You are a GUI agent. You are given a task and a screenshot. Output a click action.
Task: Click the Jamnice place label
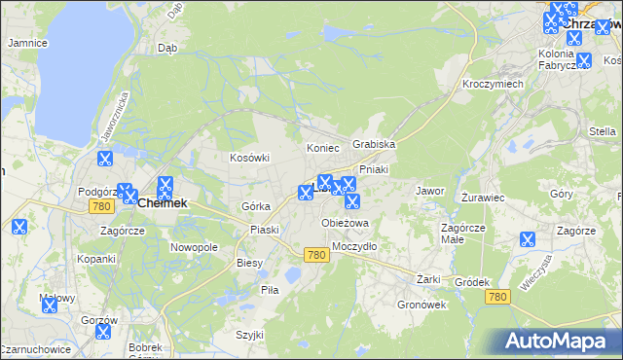coord(28,43)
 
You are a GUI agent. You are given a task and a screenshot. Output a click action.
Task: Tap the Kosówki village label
coord(248,158)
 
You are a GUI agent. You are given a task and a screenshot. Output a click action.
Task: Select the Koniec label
coord(322,148)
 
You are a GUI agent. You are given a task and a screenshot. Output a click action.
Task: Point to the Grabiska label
coord(374,144)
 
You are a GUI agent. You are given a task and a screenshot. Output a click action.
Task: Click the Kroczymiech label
coord(494,85)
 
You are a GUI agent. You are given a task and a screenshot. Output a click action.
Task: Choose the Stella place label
coord(603,131)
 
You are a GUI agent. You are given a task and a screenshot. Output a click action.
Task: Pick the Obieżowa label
coord(346,223)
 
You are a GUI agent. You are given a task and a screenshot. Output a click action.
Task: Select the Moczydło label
coord(354,246)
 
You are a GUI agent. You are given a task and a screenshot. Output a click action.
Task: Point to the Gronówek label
coord(421,304)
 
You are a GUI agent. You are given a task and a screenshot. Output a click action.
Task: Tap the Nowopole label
coord(194,247)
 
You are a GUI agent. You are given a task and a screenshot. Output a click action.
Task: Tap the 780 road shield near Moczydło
coord(315,255)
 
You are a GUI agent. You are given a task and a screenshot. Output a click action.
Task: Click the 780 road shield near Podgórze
coord(100,207)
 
